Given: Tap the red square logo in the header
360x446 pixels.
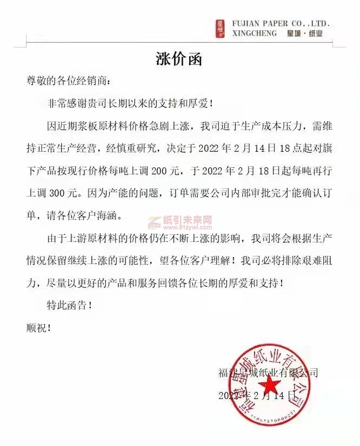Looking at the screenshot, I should (221, 29).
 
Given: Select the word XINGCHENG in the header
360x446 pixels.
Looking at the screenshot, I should (254, 33).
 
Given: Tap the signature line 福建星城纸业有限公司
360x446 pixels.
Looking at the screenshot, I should (268, 372).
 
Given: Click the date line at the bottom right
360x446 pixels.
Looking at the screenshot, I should (257, 395).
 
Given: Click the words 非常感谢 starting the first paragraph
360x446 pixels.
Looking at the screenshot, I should (67, 102).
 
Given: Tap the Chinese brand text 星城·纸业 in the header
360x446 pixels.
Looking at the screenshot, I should (305, 33).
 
